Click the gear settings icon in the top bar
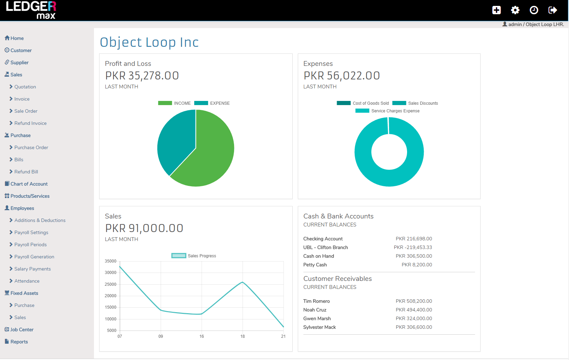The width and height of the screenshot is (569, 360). (515, 10)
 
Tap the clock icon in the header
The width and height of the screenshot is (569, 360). (534, 10)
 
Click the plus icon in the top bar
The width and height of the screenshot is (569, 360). (497, 10)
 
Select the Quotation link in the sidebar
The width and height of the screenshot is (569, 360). (25, 87)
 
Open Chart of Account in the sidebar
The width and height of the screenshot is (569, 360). (29, 184)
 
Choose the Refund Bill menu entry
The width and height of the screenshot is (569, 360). (26, 172)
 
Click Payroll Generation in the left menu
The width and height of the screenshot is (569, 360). (34, 257)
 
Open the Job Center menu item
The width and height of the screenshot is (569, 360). (22, 329)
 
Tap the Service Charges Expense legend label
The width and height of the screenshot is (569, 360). (395, 111)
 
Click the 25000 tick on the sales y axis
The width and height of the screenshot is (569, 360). (111, 284)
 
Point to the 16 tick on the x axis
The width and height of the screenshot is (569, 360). (201, 336)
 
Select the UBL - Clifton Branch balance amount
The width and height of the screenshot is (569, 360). (413, 247)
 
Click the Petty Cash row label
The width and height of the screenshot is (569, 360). (315, 265)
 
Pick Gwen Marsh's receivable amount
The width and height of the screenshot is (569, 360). (414, 318)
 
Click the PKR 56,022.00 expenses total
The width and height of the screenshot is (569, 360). (342, 76)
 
